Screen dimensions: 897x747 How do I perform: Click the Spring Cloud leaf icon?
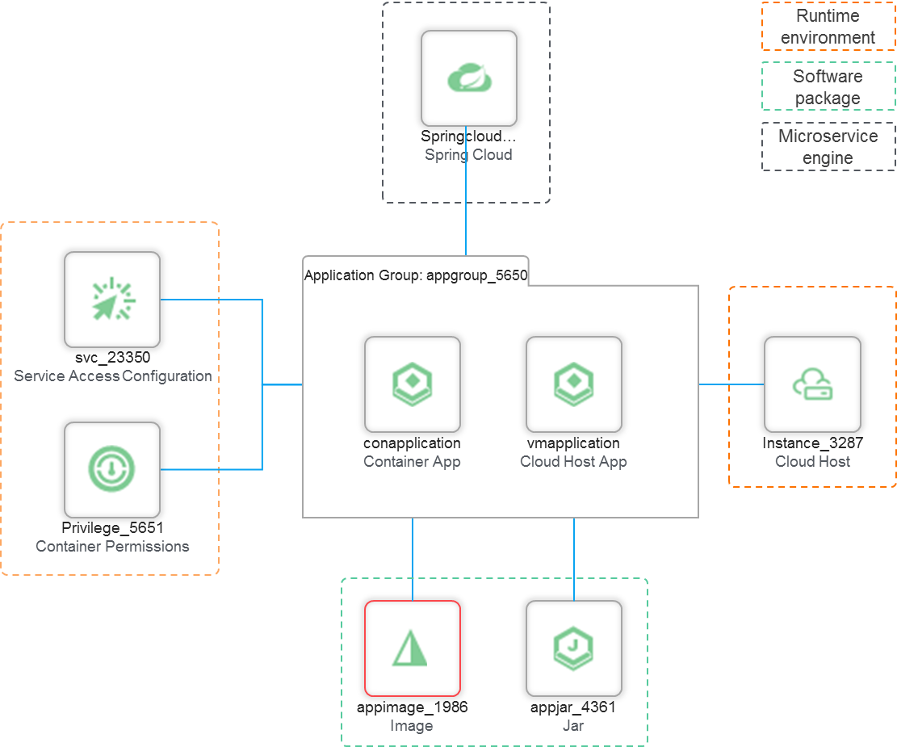point(469,78)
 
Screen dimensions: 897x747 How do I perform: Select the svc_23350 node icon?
point(112,300)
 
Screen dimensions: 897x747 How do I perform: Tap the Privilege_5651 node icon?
point(112,470)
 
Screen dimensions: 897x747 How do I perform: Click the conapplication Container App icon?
point(413,384)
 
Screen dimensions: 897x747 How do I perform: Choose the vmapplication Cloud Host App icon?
point(574,384)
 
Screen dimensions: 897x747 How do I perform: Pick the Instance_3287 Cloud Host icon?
point(812,384)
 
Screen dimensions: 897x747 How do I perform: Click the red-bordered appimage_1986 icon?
point(413,648)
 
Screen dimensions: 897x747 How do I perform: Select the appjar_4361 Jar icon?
point(574,648)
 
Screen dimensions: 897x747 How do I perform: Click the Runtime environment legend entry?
point(828,27)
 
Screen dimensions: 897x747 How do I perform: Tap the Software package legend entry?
point(828,86)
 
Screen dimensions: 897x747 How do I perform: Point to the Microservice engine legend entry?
point(828,146)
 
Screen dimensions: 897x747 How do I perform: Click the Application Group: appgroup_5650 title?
point(416,275)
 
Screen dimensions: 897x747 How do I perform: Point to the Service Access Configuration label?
point(113,376)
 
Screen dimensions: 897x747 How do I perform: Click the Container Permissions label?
point(112,547)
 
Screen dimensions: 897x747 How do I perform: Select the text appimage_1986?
point(413,707)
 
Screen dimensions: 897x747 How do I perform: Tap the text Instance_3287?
point(812,443)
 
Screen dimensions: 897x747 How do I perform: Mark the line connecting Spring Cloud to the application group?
point(466,191)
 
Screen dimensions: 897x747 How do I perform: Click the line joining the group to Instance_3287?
point(731,384)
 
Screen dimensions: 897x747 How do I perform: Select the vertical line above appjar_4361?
point(574,560)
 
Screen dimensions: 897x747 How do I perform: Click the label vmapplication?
point(573,443)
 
